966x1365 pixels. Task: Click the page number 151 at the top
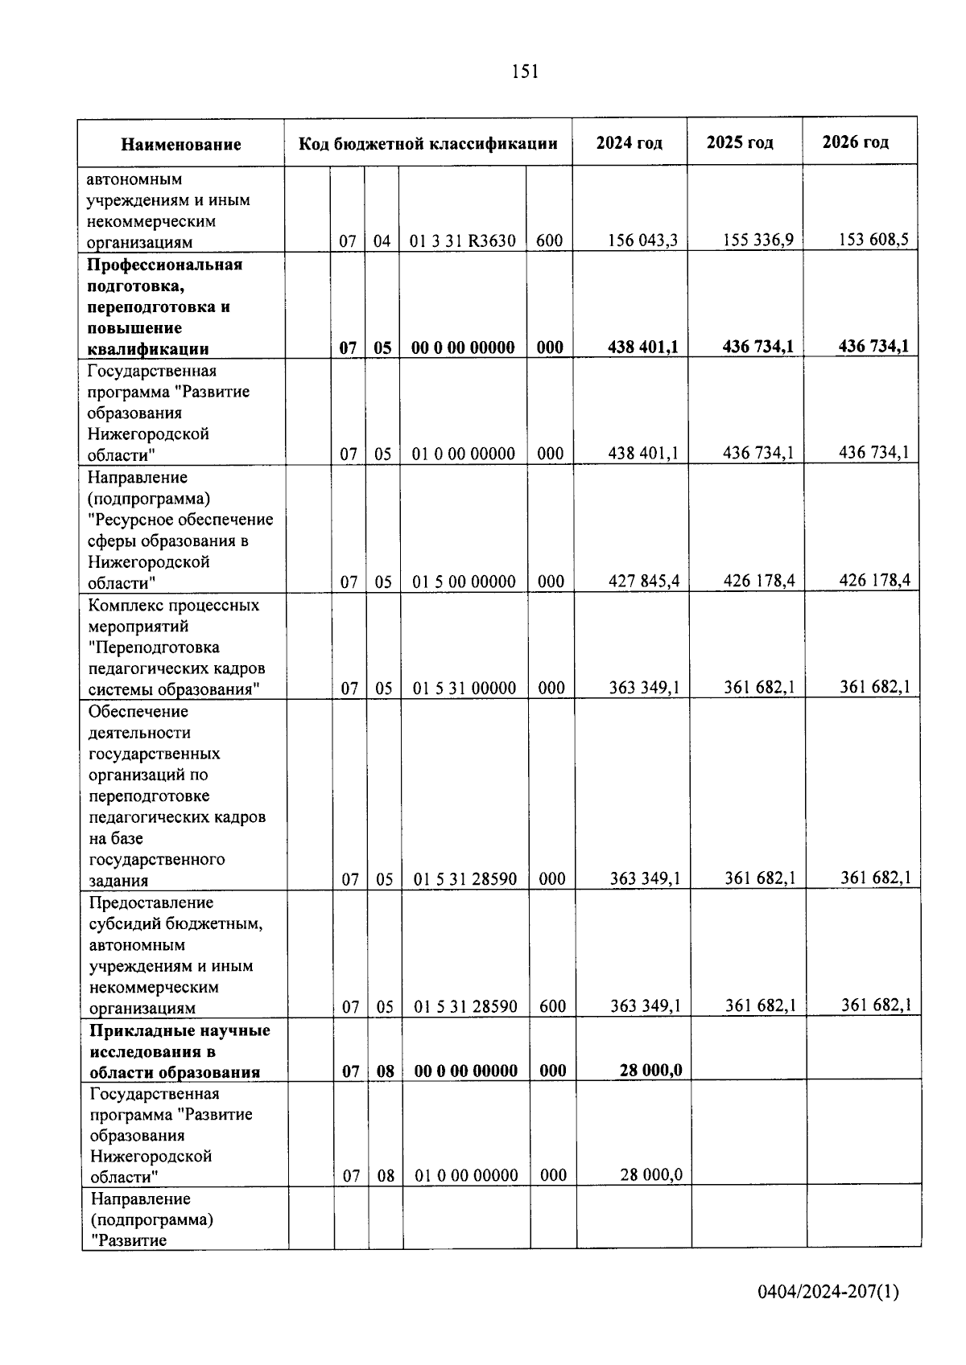pos(524,72)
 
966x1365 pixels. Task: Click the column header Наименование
pos(181,145)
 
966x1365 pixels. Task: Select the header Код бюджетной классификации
pos(428,144)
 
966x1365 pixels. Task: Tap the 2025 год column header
pos(740,143)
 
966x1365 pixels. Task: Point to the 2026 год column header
pos(856,142)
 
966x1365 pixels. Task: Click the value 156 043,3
pos(643,241)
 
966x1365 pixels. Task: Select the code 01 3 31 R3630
pos(463,241)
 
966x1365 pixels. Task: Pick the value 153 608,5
pos(873,239)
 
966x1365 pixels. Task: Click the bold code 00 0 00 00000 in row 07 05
pos(463,347)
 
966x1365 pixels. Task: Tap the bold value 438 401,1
pos(643,347)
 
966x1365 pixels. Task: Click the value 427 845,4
pos(644,581)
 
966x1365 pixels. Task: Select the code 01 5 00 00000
pos(464,582)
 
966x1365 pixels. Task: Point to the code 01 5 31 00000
pos(464,689)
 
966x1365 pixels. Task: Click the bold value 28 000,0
pos(651,1070)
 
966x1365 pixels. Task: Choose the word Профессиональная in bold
pos(165,265)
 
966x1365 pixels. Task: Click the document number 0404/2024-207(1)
pos(828,1292)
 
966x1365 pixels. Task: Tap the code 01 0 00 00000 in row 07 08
pos(466,1176)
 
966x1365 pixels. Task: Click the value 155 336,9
pos(758,240)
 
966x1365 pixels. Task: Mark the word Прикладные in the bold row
pos(134,1031)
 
